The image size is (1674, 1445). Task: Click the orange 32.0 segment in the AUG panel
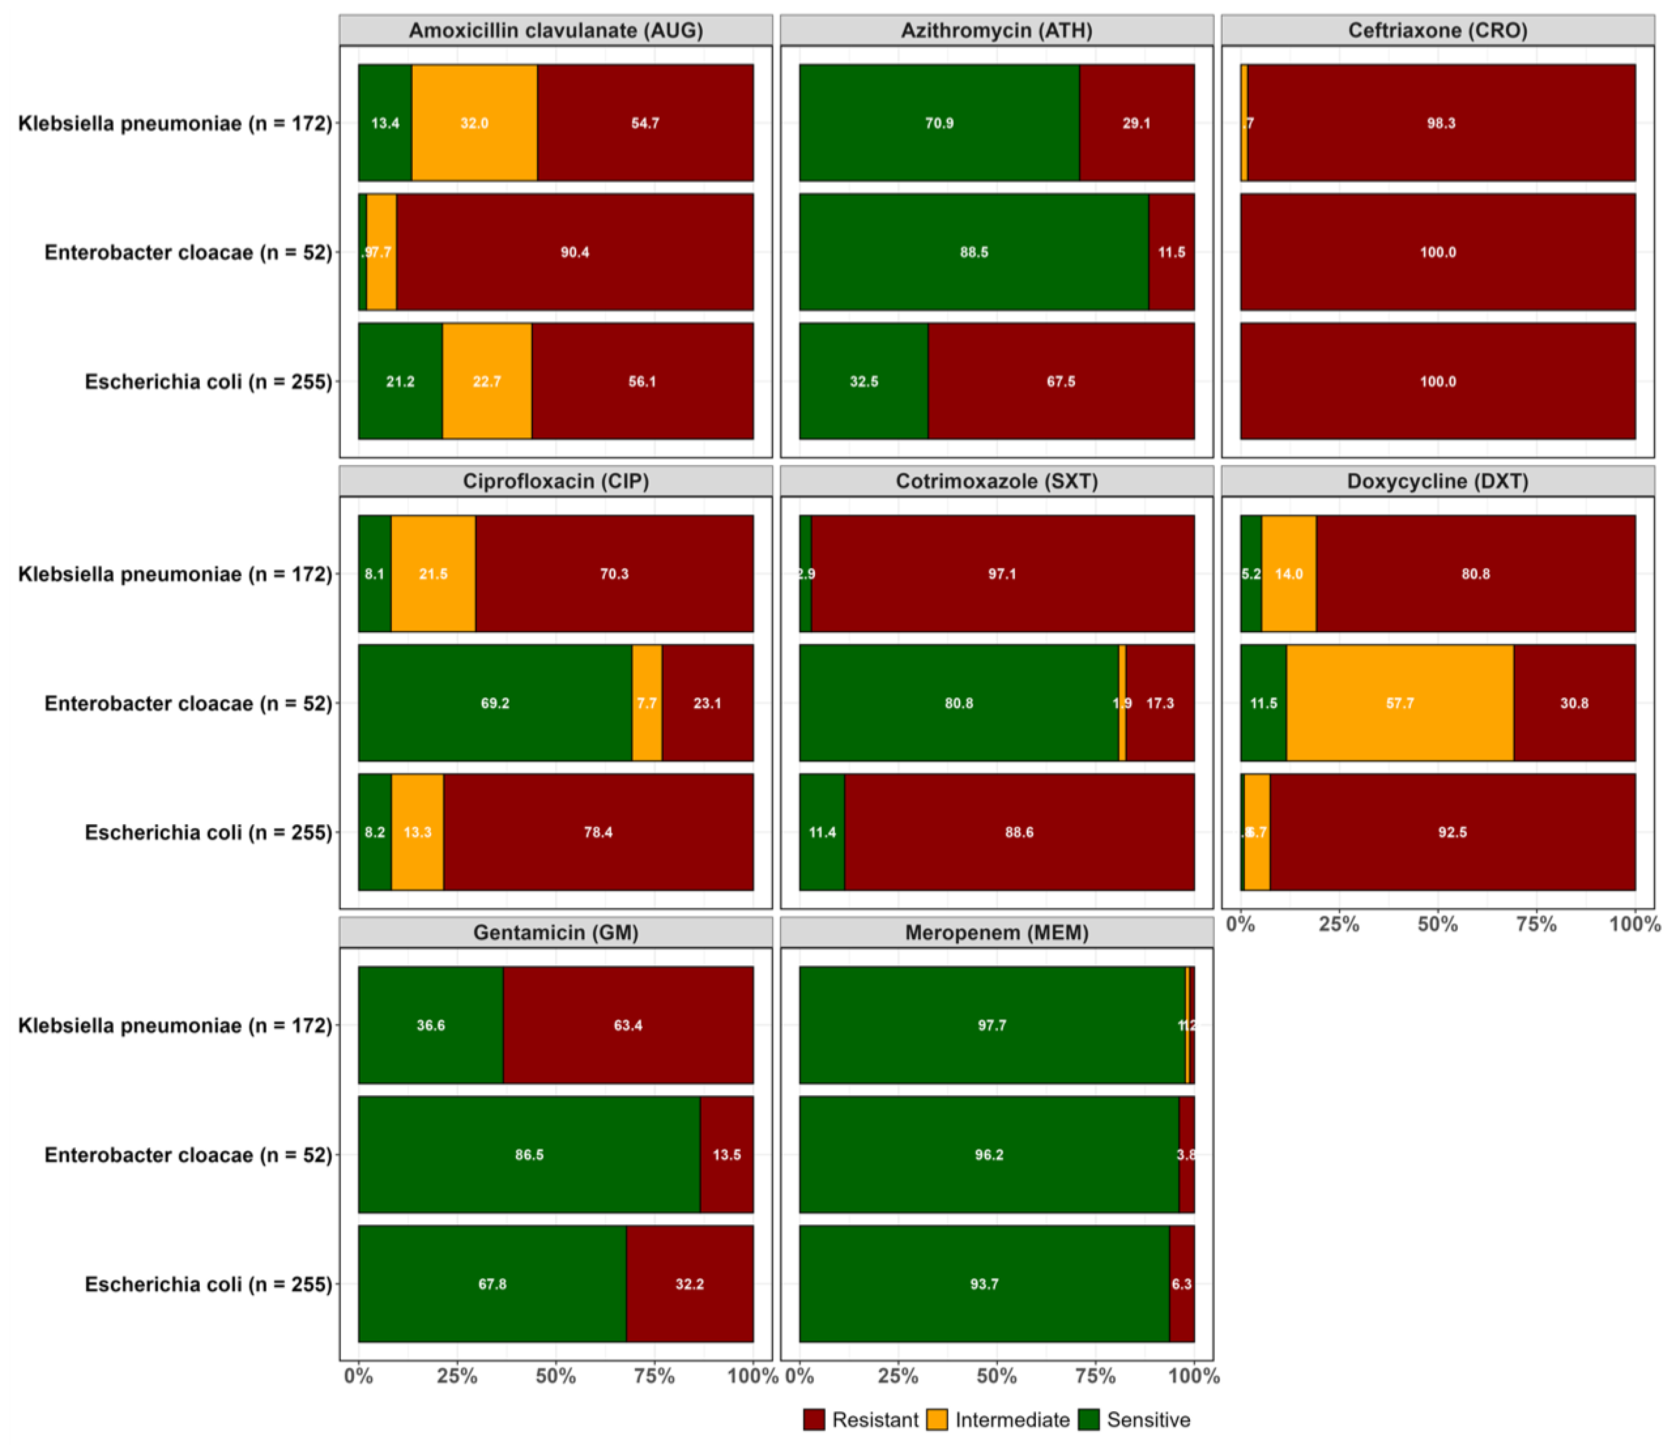(474, 123)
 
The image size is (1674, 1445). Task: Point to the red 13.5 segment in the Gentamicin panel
(726, 1154)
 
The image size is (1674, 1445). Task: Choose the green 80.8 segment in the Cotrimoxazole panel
(958, 703)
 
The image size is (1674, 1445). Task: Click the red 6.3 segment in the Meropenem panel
(1181, 1284)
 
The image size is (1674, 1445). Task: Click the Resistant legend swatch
(814, 1420)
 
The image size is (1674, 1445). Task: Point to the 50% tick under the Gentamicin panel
(556, 1376)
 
